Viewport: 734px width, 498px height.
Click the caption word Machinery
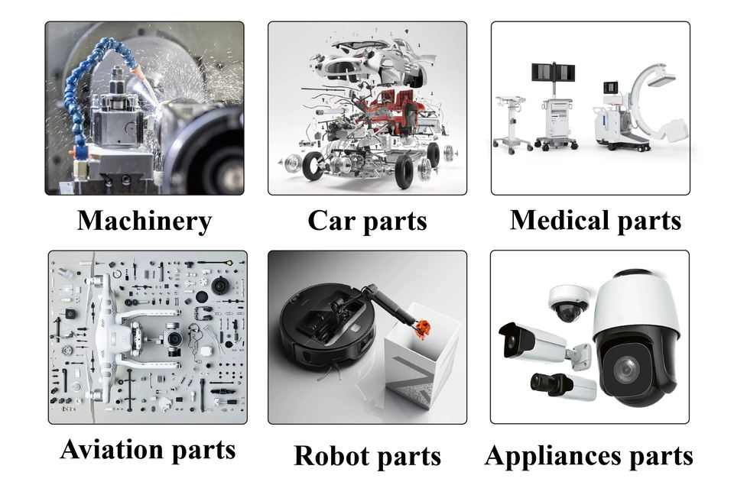[x=144, y=221]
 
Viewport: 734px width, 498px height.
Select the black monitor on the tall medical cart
[x=554, y=73]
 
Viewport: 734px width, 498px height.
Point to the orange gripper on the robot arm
[x=420, y=328]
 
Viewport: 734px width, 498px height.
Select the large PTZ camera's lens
[x=628, y=370]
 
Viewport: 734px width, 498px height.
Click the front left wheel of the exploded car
[x=313, y=166]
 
